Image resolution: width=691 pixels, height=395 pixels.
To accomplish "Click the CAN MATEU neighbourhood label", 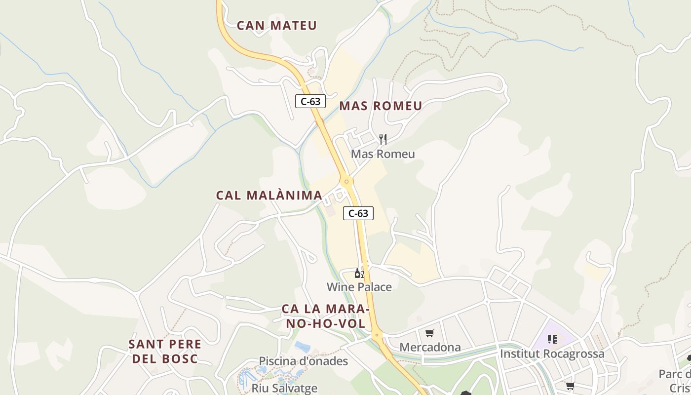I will [276, 26].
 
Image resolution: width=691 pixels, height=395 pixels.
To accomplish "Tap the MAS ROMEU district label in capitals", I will [381, 106].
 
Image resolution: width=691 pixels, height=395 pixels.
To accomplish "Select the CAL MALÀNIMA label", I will [269, 196].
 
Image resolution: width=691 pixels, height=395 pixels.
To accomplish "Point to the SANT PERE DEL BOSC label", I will [165, 352].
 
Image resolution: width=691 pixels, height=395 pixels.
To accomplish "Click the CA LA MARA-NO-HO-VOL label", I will [325, 316].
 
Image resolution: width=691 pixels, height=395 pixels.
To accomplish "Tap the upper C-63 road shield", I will [310, 102].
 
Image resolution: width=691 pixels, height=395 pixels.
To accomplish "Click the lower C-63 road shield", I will [358, 213].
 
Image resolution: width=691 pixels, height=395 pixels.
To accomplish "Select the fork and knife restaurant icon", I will [383, 139].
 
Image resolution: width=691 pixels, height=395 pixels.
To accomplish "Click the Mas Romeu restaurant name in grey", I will [383, 154].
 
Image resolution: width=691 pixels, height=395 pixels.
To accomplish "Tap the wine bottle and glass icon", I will [359, 273].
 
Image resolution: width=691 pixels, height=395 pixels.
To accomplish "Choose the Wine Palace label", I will [359, 287].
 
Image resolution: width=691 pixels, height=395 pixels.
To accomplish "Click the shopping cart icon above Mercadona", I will [429, 333].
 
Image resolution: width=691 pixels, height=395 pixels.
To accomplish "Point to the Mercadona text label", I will [429, 347].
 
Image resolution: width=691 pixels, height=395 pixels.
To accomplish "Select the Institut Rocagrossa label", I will [552, 354].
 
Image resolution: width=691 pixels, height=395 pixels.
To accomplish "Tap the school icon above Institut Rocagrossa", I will [552, 339].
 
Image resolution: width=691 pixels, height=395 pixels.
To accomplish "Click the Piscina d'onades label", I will [303, 361].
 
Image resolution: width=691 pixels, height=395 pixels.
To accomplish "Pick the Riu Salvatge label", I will [284, 388].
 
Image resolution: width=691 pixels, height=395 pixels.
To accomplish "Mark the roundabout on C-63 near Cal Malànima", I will [346, 181].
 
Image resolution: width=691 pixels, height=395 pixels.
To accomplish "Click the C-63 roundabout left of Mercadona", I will [377, 335].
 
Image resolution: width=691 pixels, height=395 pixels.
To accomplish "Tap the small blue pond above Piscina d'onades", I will [302, 347].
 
